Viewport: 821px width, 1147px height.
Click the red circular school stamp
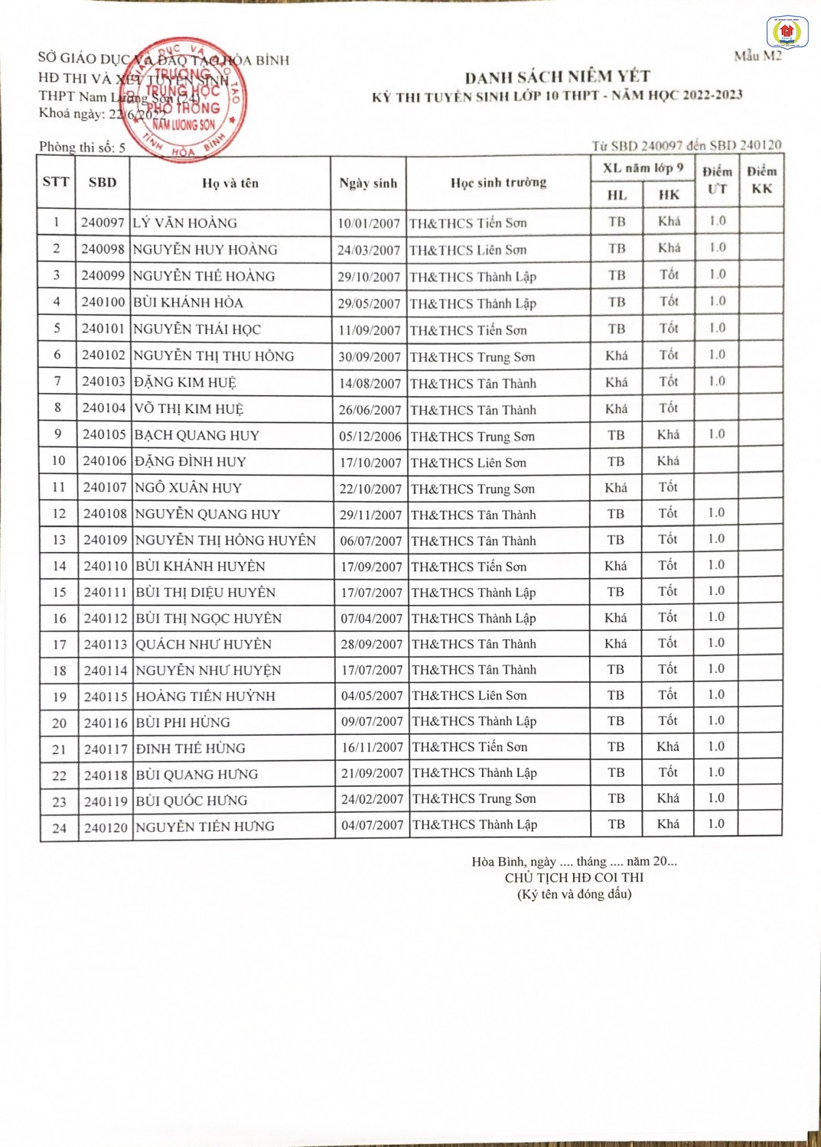(x=184, y=98)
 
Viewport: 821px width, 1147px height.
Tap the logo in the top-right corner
(x=787, y=32)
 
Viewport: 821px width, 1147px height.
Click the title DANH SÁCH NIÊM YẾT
(x=557, y=76)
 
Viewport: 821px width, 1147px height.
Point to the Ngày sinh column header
(x=368, y=184)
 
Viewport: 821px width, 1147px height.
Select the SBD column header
(x=103, y=183)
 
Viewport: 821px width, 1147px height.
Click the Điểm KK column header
(x=761, y=180)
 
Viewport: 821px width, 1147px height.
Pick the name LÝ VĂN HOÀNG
(x=185, y=223)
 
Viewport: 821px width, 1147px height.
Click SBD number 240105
(x=104, y=434)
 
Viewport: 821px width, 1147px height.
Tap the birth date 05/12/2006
(x=370, y=436)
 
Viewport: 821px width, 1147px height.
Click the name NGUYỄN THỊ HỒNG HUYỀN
(x=226, y=541)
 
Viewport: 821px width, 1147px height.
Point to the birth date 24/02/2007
(x=372, y=799)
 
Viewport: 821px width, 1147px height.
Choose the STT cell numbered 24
(x=59, y=828)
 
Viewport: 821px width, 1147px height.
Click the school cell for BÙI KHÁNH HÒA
(x=473, y=304)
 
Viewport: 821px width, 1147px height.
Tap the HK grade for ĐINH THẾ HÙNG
(x=668, y=746)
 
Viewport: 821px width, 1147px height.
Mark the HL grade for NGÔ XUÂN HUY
(x=616, y=488)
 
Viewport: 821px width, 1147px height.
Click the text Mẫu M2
(x=757, y=56)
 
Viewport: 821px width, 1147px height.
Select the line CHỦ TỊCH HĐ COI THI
(x=574, y=878)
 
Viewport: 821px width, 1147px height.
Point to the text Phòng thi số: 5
(x=83, y=147)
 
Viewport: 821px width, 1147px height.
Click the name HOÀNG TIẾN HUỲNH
(x=205, y=697)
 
